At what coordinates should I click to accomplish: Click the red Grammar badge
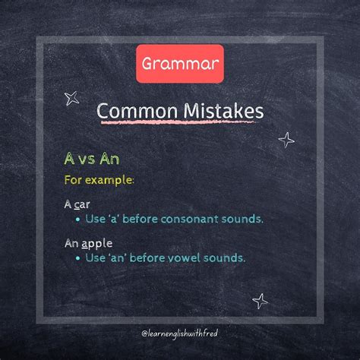pos(180,63)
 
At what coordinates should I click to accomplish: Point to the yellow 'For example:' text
pos(98,180)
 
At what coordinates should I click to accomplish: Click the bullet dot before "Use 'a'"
pos(78,219)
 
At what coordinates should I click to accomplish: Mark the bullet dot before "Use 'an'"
pos(78,258)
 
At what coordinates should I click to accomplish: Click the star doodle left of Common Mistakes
pos(73,97)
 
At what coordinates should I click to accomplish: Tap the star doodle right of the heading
pos(286,139)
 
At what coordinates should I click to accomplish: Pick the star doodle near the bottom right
pos(261,301)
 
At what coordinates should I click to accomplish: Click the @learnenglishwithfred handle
pos(180,333)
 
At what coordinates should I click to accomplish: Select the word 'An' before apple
pos(71,244)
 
